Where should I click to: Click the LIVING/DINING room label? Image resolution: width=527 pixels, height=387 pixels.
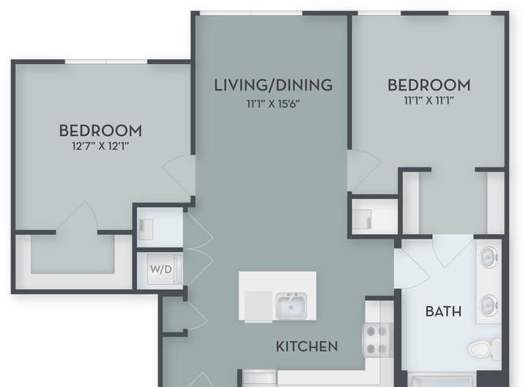pos(273,85)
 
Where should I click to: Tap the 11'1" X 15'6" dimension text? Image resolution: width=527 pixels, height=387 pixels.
pos(273,104)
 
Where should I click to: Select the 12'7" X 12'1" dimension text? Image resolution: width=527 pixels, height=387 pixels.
pos(101,147)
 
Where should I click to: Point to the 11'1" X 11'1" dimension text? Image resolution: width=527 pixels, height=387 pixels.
pos(429,100)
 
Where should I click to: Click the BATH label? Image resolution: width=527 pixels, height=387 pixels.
pos(443,312)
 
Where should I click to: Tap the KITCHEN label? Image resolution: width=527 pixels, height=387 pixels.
pos(306,347)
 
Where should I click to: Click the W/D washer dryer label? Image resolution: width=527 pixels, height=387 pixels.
pos(161,269)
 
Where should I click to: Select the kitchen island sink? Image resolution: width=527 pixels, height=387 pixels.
pos(291,306)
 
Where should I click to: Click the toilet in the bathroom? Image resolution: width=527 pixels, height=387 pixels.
pos(485,349)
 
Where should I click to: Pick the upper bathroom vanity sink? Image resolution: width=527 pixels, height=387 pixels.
pos(489,257)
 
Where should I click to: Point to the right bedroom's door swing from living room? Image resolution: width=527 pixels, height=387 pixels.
pos(364,170)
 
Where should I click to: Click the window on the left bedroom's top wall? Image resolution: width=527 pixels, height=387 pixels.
pos(106,62)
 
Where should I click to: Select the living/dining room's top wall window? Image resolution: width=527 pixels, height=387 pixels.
pos(251,13)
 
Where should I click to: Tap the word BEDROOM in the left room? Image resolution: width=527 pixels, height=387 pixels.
pos(101,130)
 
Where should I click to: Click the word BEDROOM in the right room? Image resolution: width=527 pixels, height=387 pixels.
pos(429,85)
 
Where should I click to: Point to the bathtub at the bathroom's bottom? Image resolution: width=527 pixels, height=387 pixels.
pos(442,381)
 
